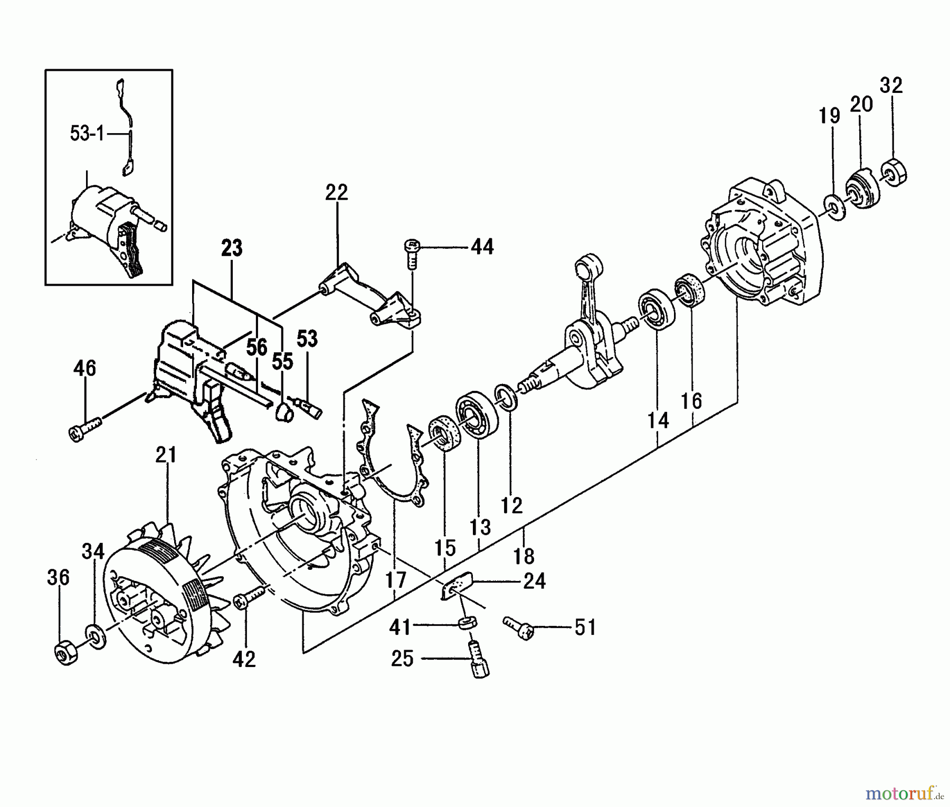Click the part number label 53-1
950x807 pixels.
coord(87,134)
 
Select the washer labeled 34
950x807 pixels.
coord(96,634)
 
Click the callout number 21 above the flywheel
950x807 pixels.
coord(166,455)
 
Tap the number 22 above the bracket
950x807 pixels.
coord(337,192)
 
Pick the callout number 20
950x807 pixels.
coord(861,105)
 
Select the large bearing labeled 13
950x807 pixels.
coord(477,414)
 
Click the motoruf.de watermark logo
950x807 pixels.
coord(904,791)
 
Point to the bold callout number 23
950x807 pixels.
coord(232,248)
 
